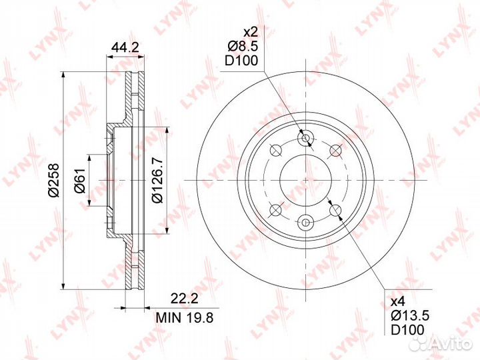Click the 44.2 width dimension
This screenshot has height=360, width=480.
[125, 48]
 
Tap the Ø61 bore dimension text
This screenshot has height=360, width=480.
[79, 181]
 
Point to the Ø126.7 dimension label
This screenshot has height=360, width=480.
[157, 181]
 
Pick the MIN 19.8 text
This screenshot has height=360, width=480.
[184, 318]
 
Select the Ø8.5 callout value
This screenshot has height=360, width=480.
[243, 46]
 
